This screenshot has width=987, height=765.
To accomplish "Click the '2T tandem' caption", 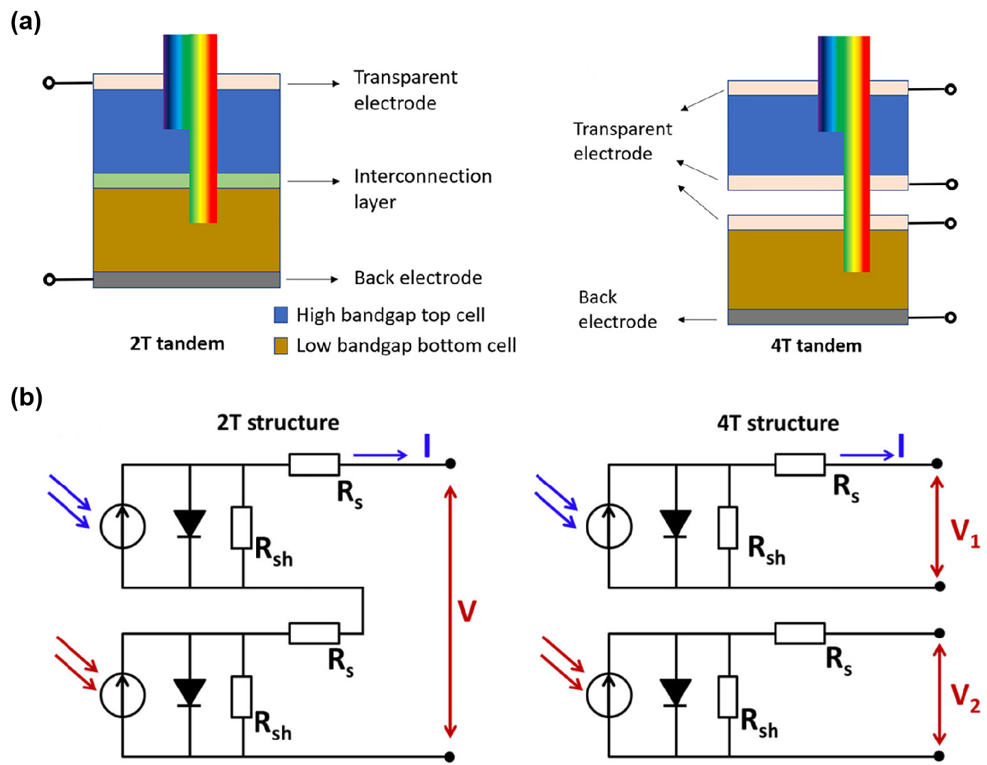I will click(177, 343).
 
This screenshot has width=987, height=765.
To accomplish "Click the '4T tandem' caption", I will click(816, 345).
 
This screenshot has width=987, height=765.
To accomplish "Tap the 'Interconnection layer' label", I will click(422, 189).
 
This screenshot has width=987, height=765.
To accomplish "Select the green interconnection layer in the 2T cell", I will click(137, 181).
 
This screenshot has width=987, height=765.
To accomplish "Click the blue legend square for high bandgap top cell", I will click(281, 315).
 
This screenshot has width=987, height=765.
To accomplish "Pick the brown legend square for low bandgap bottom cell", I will click(281, 346).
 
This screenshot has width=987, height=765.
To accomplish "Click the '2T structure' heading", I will click(278, 423).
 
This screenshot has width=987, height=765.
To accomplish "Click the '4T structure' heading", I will click(778, 423).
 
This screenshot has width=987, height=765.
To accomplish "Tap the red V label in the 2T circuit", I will click(467, 611).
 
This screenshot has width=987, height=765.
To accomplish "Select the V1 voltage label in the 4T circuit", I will click(965, 533).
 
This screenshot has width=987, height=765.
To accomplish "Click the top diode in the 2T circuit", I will click(189, 525).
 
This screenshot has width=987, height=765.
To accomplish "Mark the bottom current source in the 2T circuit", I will click(122, 693).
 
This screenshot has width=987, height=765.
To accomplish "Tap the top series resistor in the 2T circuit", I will click(314, 464).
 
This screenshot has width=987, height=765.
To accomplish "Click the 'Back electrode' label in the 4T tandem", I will click(617, 309).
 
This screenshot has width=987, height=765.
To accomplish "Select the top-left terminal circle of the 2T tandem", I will click(48, 83).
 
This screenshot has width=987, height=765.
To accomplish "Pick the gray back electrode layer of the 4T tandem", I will click(818, 317).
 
